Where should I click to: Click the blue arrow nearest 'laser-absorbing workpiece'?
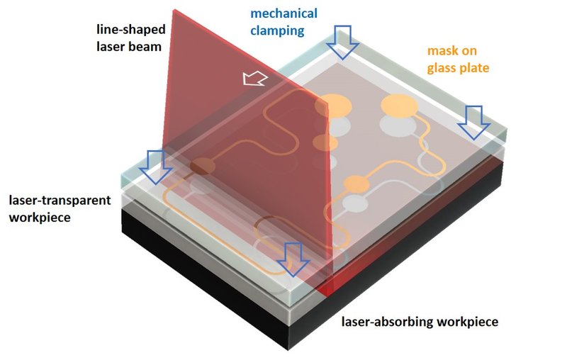[x=293, y=259]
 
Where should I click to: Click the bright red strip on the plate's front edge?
[x=327, y=287]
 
